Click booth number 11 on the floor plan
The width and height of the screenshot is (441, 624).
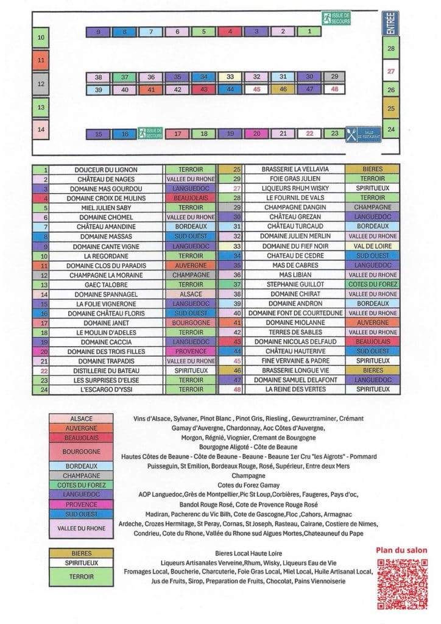pyautogui.click(x=41, y=60)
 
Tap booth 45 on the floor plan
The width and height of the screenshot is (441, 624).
pyautogui.click(x=256, y=89)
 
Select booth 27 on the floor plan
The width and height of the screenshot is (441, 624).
pyautogui.click(x=391, y=70)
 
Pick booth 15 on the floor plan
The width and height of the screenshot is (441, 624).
pyautogui.click(x=99, y=134)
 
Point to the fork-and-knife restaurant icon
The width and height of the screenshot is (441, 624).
pyautogui.click(x=351, y=133)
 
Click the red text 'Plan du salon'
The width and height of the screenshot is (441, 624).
pyautogui.click(x=401, y=550)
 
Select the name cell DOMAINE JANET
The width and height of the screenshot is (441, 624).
pyautogui.click(x=106, y=322)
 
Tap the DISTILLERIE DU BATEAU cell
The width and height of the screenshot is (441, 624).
pyautogui.click(x=106, y=370)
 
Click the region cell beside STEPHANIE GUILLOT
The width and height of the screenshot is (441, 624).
pyautogui.click(x=372, y=284)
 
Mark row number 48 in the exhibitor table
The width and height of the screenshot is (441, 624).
pyautogui.click(x=238, y=389)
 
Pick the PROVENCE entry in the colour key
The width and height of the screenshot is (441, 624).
pyautogui.click(x=82, y=505)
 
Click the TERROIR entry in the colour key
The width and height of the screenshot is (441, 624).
pyautogui.click(x=82, y=576)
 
